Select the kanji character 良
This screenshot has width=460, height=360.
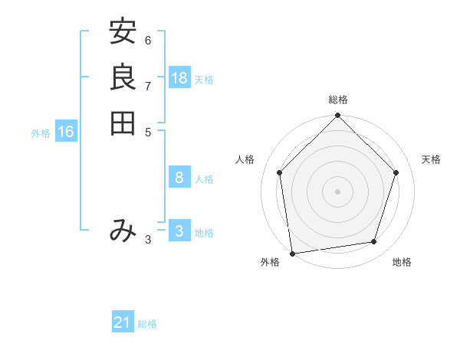123,77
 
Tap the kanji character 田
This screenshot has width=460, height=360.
123,123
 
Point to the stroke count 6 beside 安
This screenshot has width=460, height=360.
148,40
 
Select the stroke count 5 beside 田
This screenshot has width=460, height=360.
148,131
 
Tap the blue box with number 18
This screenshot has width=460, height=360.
179,77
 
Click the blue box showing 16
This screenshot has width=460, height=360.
66,132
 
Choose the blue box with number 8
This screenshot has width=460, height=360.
179,178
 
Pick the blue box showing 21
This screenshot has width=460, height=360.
123,322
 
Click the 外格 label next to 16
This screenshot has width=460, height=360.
41,133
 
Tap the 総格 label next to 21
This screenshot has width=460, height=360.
147,324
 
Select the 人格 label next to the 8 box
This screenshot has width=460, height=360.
204,179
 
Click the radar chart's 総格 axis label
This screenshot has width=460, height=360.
338,100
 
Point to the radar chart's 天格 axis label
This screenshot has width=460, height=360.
431,159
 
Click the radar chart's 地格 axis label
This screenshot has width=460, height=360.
402,262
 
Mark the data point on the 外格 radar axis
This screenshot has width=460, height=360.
292,253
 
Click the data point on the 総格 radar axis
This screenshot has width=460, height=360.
338,116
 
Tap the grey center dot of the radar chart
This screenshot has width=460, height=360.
338,191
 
